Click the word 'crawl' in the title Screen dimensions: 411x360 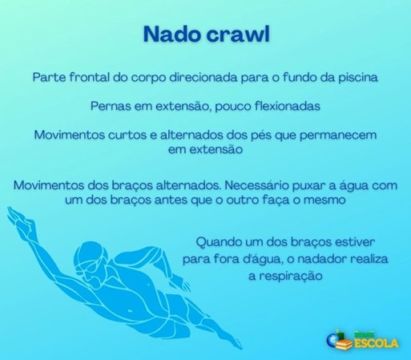[x=239, y=34]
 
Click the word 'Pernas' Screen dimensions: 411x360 [x=111, y=106]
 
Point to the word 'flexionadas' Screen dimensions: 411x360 [x=288, y=106]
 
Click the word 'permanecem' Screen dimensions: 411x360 [x=338, y=136]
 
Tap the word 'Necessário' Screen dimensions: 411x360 [x=256, y=185]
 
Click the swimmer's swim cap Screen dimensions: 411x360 [x=90, y=253]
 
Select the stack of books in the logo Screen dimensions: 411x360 [x=345, y=345]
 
